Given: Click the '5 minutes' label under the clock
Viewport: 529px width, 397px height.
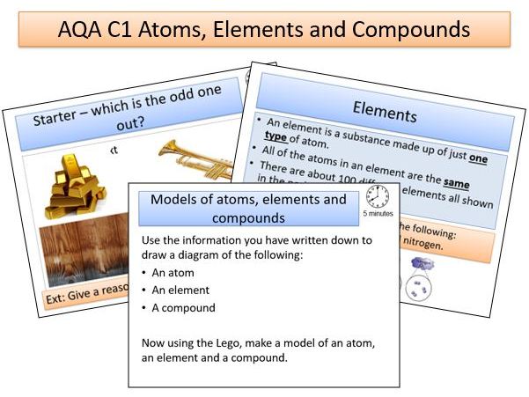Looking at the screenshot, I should click(378, 214).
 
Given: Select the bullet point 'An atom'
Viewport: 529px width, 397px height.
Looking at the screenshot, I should click(173, 272).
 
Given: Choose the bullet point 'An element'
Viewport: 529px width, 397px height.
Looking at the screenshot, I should click(180, 290).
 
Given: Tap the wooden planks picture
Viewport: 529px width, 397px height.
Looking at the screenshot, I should click(84, 252).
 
